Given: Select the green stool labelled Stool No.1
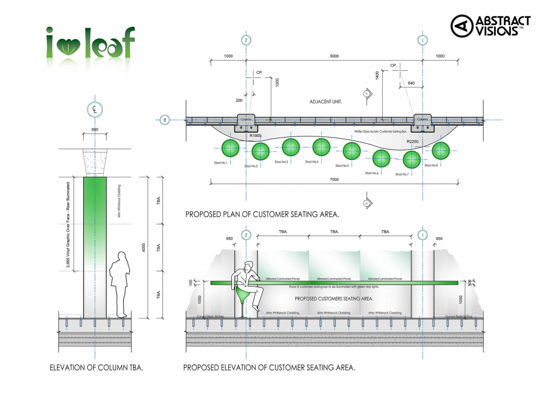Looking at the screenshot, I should (230, 149).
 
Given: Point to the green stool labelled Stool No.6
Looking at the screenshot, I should (381, 159).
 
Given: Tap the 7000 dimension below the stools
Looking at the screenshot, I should (334, 180).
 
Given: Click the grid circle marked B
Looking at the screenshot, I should (165, 120).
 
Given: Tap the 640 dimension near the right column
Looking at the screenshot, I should (410, 83).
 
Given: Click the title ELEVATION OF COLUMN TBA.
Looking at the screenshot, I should (96, 367).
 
